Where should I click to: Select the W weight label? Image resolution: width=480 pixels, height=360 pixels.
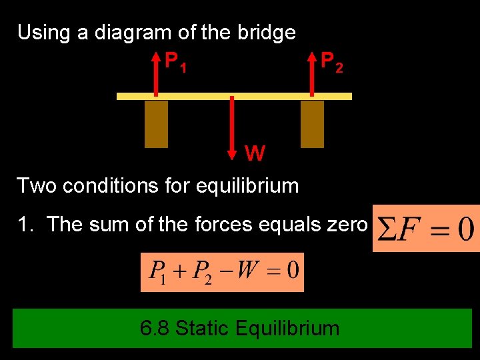(x=255, y=154)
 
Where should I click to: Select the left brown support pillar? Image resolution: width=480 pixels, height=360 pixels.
(x=156, y=124)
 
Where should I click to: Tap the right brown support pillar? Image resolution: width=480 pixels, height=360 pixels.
(x=312, y=124)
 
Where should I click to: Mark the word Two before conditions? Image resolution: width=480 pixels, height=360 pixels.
(x=36, y=185)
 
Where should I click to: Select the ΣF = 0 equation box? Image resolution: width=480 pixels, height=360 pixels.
(x=426, y=229)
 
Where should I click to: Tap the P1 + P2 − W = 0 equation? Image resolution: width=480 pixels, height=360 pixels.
(x=222, y=272)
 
